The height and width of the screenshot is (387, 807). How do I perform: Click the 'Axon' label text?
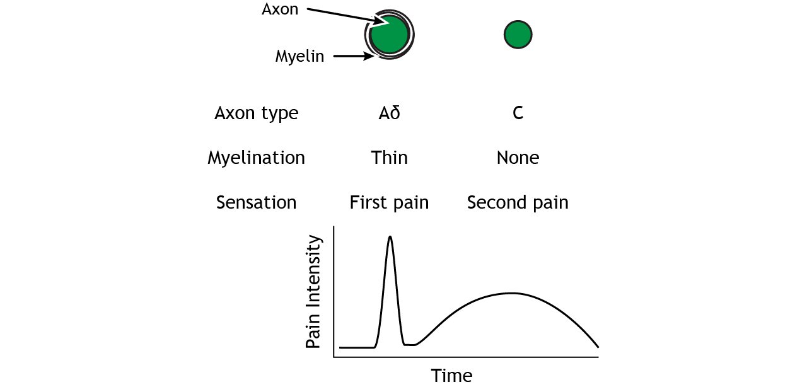(280, 10)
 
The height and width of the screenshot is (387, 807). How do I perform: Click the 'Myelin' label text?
(299, 57)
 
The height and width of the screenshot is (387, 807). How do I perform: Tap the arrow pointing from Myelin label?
(354, 57)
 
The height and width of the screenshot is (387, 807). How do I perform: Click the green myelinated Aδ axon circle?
(390, 35)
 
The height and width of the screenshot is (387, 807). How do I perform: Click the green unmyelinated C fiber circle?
(518, 35)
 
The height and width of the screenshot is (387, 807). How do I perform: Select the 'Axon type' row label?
(256, 113)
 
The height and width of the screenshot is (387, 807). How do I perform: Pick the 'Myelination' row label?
(256, 158)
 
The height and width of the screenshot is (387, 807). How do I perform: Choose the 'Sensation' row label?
(256, 202)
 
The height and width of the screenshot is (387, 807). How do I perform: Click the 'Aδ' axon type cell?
(389, 113)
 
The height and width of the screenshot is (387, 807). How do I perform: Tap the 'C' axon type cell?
(518, 113)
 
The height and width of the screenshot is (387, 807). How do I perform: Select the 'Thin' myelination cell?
(389, 158)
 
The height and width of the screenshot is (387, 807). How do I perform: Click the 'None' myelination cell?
(518, 158)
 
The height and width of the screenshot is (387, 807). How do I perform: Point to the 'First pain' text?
(389, 202)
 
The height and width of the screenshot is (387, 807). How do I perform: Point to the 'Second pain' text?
(518, 202)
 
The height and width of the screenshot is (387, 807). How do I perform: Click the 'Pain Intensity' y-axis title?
(313, 292)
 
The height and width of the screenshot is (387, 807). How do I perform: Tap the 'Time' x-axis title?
(451, 376)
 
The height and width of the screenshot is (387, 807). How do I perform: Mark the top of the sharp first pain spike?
(390, 237)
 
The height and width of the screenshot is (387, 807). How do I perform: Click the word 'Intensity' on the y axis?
(313, 271)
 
